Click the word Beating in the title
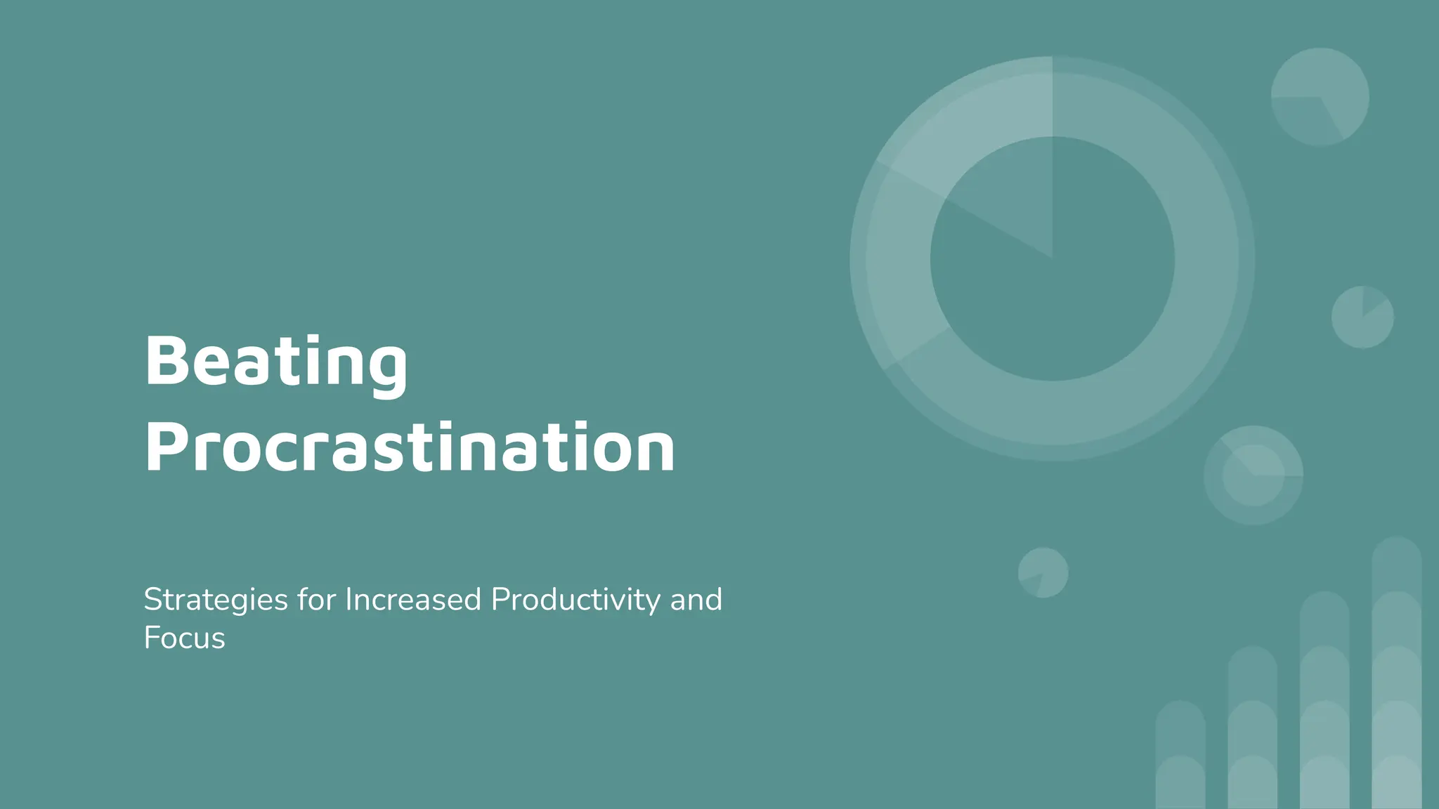tap(275, 362)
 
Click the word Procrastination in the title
tap(410, 448)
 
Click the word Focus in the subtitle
tap(184, 638)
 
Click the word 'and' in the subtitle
tap(696, 600)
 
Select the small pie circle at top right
tap(1320, 97)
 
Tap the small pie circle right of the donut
tap(1362, 317)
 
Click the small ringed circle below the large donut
tap(1253, 475)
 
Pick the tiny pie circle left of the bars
tap(1043, 573)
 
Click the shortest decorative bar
tap(1180, 758)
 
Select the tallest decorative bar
tap(1396, 674)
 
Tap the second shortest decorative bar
tap(1252, 730)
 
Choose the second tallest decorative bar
tap(1324, 702)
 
